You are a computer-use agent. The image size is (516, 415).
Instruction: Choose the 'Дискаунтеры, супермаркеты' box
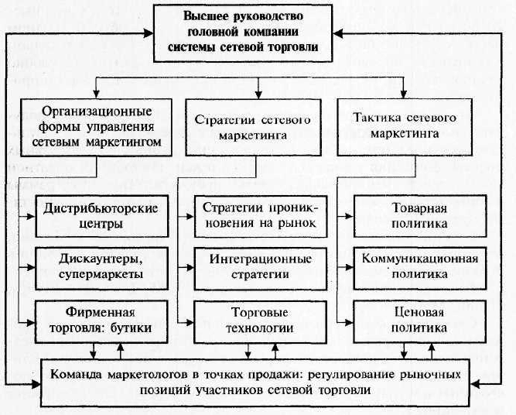coord(101,266)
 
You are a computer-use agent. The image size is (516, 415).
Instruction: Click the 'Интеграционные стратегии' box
coord(255,266)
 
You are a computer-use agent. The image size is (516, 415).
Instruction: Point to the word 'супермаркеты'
coord(101,274)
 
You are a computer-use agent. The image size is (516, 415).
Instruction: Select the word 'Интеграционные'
coord(255,259)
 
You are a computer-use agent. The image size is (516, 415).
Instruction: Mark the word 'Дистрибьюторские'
coord(101,209)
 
